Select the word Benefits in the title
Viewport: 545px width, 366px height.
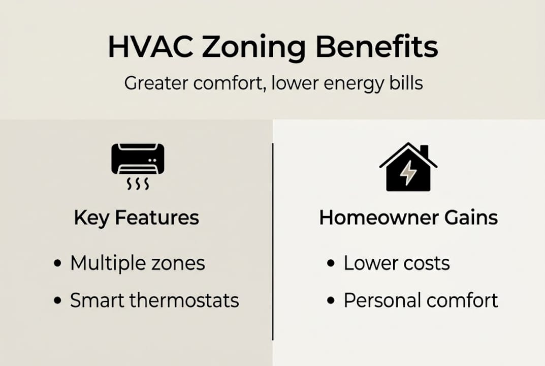point(376,47)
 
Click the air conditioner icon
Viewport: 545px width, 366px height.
point(138,159)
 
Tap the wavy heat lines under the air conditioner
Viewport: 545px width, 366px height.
point(138,184)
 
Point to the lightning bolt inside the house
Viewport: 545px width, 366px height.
point(408,174)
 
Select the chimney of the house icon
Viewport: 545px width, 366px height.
point(424,151)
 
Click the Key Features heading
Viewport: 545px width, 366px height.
point(136,218)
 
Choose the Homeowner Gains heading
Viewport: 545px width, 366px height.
point(408,218)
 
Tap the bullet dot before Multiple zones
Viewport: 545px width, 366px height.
point(58,264)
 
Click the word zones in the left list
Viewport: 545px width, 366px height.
point(179,263)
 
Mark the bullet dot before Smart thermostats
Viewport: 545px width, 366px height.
point(58,300)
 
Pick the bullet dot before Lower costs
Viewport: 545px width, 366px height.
point(332,264)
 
